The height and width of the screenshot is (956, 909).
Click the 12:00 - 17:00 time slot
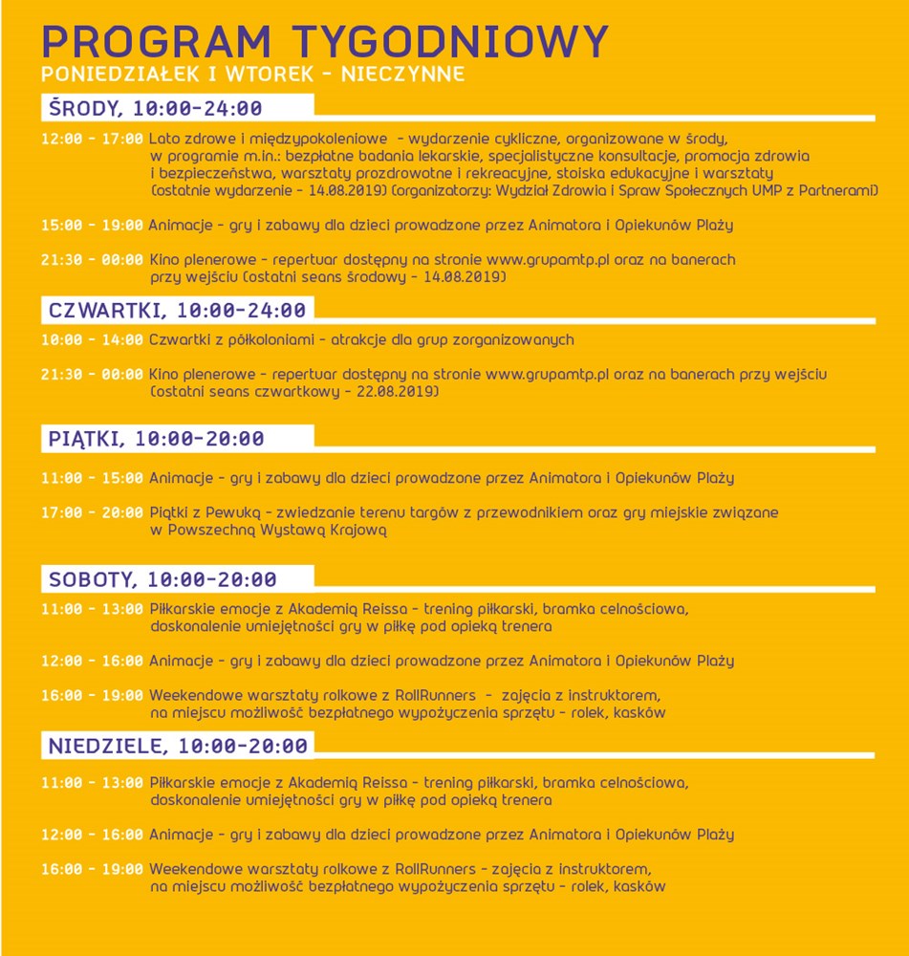click(92, 139)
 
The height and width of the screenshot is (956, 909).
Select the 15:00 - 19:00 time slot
click(92, 226)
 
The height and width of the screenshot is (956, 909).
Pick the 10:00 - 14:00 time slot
click(92, 339)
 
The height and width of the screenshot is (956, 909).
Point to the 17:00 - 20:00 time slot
click(92, 512)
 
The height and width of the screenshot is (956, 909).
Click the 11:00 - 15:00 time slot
click(92, 478)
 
